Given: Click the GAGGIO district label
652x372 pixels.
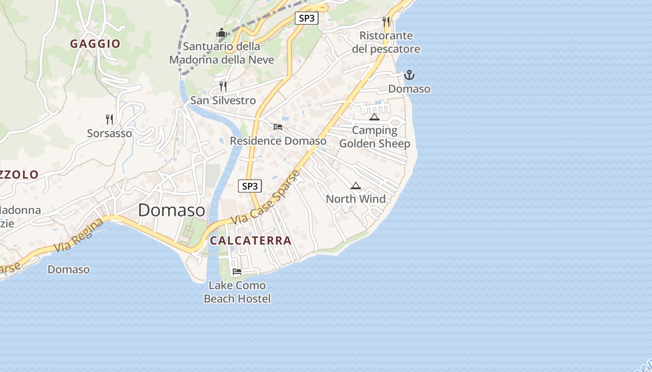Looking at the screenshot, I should pyautogui.click(x=95, y=44).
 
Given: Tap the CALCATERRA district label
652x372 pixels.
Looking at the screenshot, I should pyautogui.click(x=251, y=240).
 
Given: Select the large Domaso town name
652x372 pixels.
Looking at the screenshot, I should pyautogui.click(x=171, y=210).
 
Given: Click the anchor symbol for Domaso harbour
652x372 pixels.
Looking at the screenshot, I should pyautogui.click(x=409, y=75).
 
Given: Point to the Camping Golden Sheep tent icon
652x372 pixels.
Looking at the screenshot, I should pyautogui.click(x=374, y=117).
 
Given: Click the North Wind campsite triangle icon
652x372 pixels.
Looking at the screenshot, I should pyautogui.click(x=356, y=186).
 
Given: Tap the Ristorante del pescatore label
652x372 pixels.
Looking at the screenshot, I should pyautogui.click(x=386, y=42).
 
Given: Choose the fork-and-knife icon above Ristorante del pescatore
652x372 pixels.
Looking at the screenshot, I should pyautogui.click(x=386, y=21).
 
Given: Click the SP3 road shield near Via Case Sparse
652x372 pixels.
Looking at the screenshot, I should pyautogui.click(x=250, y=186).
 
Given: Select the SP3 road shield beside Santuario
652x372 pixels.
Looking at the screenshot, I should pyautogui.click(x=306, y=18).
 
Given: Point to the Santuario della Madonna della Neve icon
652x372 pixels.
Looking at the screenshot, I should pyautogui.click(x=221, y=33).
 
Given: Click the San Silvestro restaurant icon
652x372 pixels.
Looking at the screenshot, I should pyautogui.click(x=223, y=86).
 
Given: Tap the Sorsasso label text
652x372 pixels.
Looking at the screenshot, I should pyautogui.click(x=109, y=133).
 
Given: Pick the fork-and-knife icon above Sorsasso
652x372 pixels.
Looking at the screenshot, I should pyautogui.click(x=109, y=120).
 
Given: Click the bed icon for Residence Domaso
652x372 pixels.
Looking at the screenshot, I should pyautogui.click(x=278, y=126).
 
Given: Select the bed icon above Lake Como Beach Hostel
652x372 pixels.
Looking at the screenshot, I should pyautogui.click(x=237, y=272).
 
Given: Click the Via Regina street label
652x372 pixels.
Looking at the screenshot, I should pyautogui.click(x=78, y=236).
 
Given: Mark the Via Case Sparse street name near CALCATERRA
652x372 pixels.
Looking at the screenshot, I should pyautogui.click(x=266, y=197).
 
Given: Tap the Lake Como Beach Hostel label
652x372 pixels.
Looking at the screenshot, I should pyautogui.click(x=237, y=292).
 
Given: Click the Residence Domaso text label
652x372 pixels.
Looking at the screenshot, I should pyautogui.click(x=278, y=140).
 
